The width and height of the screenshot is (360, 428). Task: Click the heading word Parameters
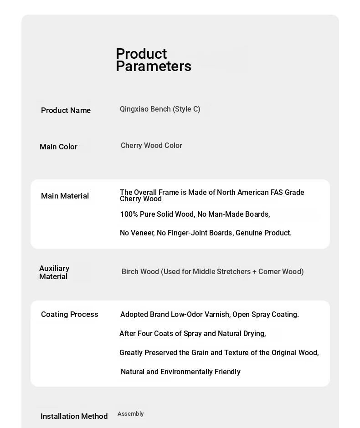[x=153, y=66]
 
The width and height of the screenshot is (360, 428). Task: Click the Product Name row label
[x=66, y=110]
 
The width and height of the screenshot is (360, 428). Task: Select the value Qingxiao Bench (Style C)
[x=160, y=109]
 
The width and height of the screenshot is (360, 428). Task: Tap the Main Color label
[x=58, y=147]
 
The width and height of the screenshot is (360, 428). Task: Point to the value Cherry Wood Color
[x=151, y=146]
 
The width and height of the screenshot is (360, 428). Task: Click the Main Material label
[x=65, y=196]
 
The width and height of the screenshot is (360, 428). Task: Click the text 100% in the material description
[x=129, y=214]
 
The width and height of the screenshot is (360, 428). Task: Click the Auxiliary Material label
[x=54, y=272]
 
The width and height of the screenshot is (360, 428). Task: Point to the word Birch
[x=130, y=272]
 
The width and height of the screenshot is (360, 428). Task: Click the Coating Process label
[x=69, y=314]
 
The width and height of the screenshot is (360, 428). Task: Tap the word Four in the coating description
[x=144, y=334]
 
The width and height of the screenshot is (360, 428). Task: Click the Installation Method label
[x=74, y=416]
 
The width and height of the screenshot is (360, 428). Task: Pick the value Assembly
[x=130, y=414]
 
